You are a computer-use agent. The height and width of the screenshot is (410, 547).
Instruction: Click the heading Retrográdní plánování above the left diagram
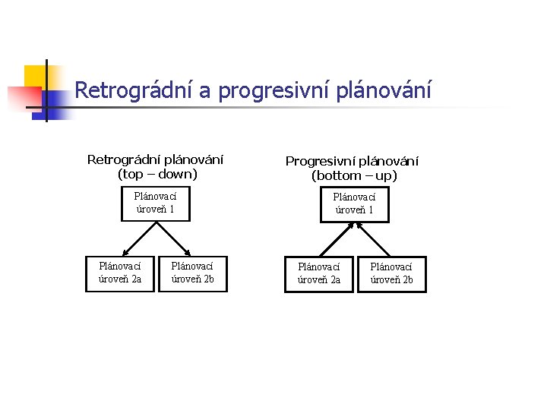(x=156, y=159)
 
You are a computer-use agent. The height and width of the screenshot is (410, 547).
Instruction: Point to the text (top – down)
(x=157, y=174)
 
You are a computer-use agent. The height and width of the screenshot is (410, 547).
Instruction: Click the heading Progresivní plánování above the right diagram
(x=352, y=161)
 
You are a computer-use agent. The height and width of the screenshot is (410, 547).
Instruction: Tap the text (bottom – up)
(x=354, y=175)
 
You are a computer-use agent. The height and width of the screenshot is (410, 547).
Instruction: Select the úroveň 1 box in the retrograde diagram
(x=155, y=203)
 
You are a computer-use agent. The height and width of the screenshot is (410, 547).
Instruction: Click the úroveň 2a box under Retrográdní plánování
(x=120, y=273)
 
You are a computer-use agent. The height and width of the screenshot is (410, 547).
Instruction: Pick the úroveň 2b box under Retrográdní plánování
(x=192, y=273)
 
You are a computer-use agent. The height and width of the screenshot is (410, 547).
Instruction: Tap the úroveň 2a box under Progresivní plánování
(x=319, y=273)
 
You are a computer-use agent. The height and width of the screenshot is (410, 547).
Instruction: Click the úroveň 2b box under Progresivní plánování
(x=391, y=273)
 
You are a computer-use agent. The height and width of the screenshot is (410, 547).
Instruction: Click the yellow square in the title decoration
(x=34, y=76)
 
